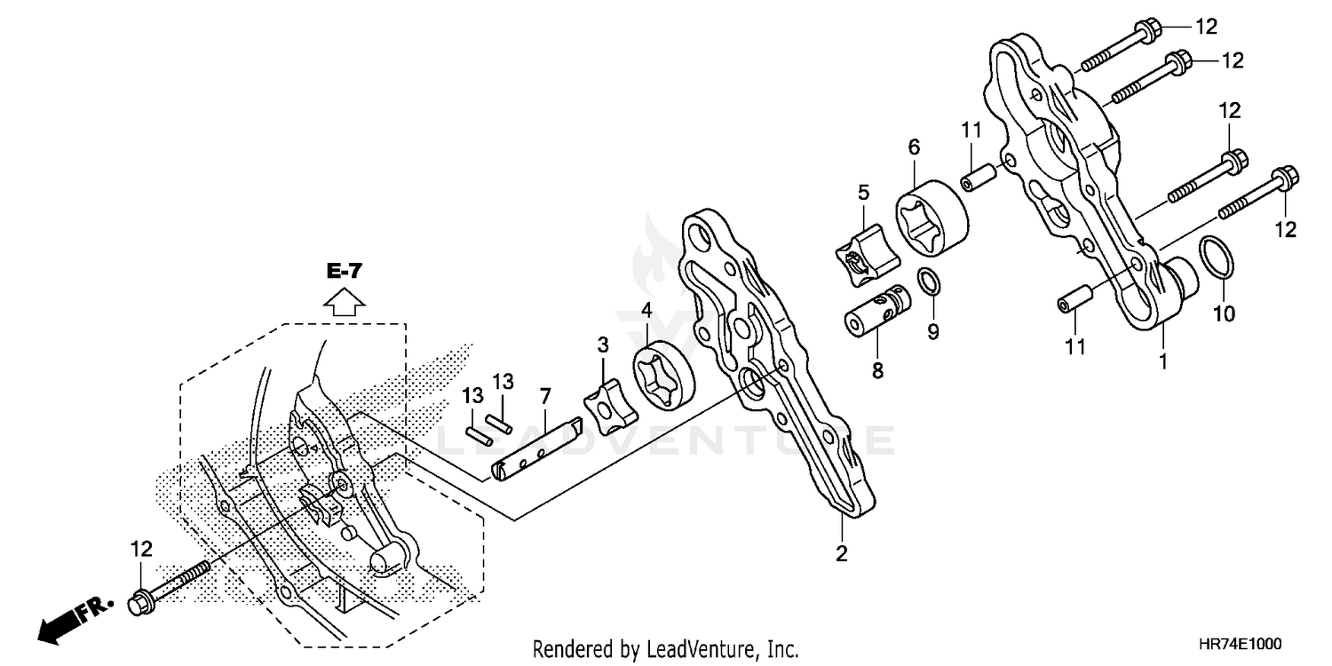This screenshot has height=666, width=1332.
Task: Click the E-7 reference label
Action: point(345,273)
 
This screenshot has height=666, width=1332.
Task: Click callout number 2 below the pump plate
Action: point(841,555)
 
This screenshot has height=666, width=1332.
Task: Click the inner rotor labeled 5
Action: point(866,257)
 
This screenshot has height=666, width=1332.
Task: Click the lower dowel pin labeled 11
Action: point(1071,300)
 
